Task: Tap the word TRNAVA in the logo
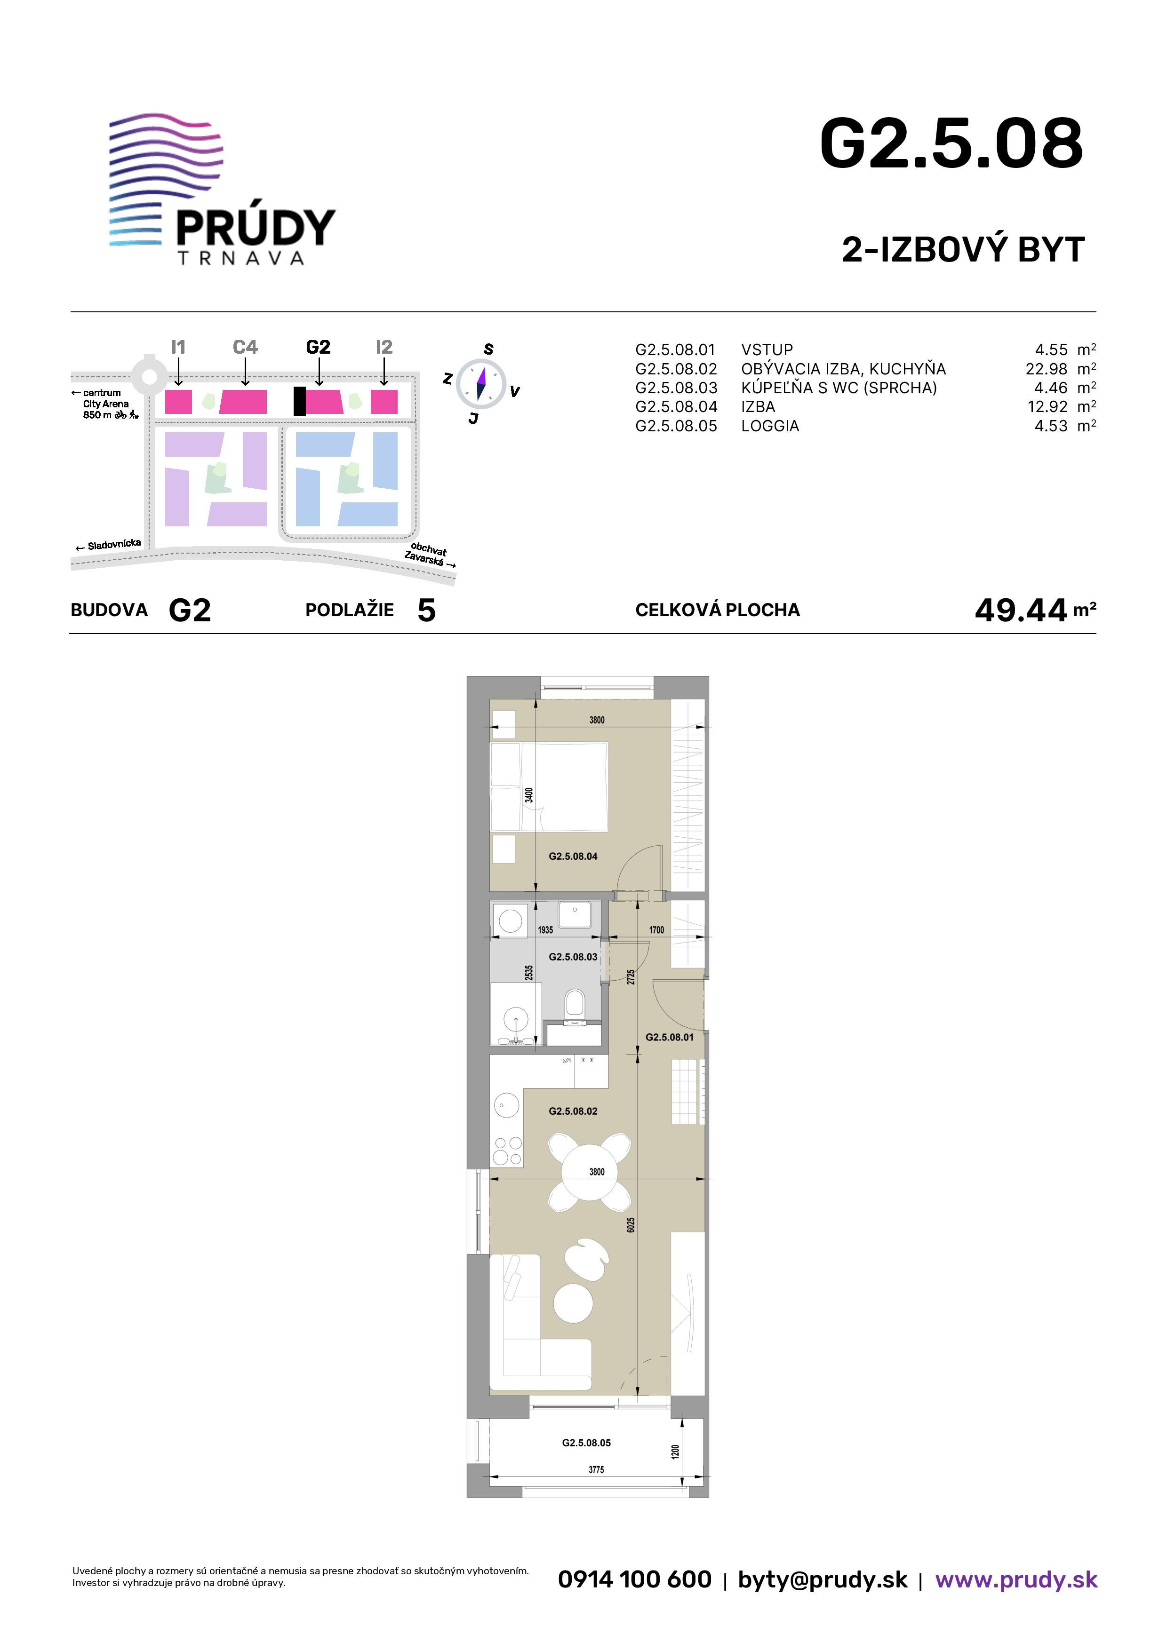tap(241, 258)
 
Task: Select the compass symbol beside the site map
tap(481, 383)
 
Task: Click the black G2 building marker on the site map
tap(299, 401)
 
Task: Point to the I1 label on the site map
tap(178, 347)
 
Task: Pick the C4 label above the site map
tap(245, 347)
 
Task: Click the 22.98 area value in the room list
tap(1046, 369)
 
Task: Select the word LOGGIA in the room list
tap(770, 426)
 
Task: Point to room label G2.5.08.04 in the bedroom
tap(573, 856)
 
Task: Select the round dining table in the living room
tap(590, 1172)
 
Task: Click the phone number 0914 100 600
tap(635, 1579)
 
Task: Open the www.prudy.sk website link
tap(1016, 1579)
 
